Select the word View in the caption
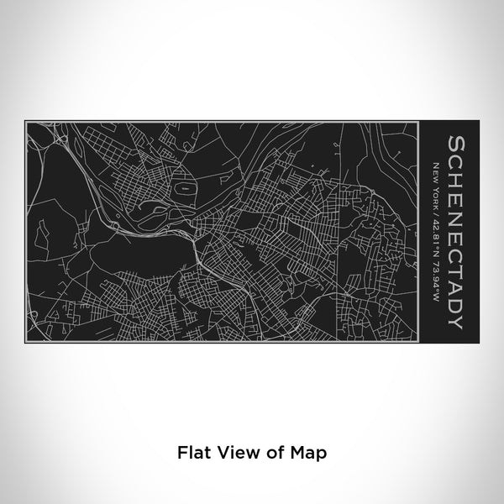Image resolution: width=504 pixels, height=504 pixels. [236, 452]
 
